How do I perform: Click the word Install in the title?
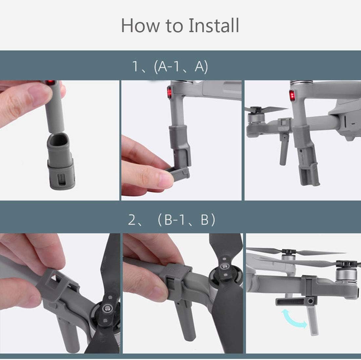[x=214, y=25]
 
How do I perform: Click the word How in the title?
[x=140, y=25]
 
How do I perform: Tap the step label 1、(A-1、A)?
[x=170, y=67]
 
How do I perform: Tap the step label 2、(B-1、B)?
[x=171, y=219]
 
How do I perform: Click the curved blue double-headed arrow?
[x=294, y=319]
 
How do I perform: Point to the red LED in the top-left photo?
[x=50, y=82]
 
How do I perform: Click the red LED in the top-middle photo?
[x=170, y=92]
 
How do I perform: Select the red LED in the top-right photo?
[x=292, y=95]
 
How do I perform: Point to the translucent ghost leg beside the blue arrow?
[x=312, y=320]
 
